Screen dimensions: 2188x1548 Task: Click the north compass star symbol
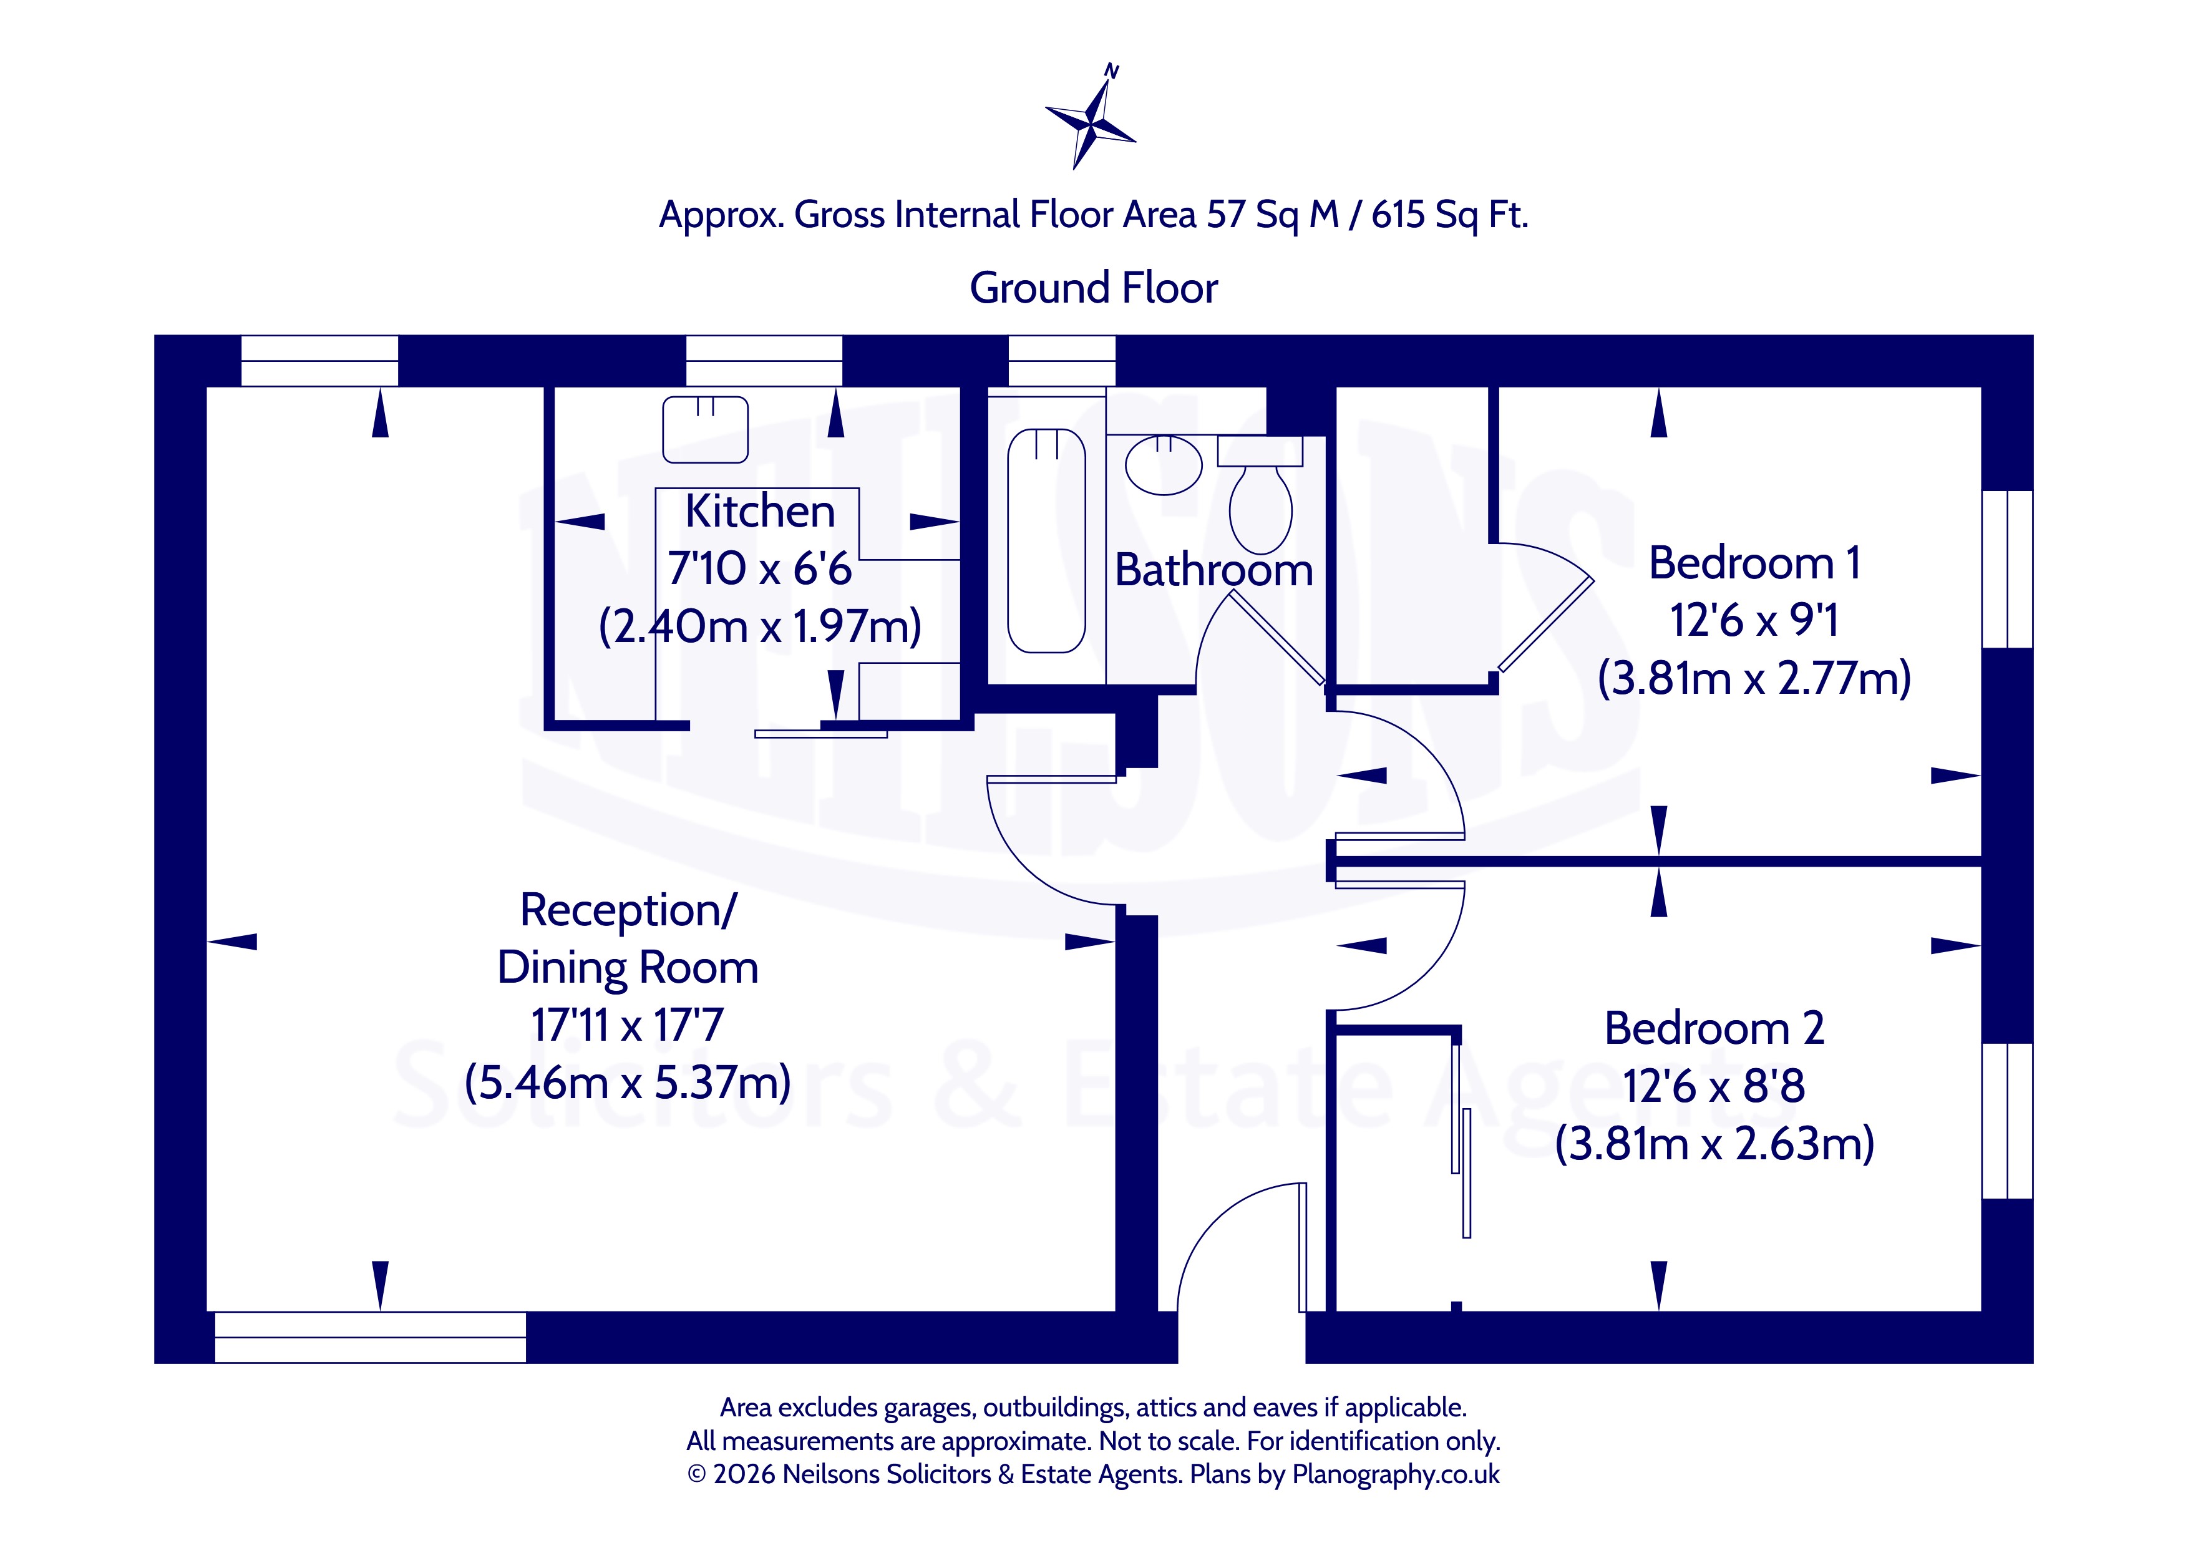[x=1091, y=120]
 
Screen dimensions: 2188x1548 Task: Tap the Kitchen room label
[x=759, y=511]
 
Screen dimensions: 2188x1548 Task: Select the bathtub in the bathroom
[x=1046, y=540]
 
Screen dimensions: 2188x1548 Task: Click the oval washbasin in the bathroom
[x=1164, y=465]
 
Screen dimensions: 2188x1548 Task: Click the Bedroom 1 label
[x=1754, y=562]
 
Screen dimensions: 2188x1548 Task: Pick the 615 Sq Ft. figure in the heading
[x=1449, y=215]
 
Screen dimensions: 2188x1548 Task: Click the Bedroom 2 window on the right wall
[x=2007, y=1121]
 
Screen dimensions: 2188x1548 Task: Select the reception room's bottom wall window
[x=371, y=1337]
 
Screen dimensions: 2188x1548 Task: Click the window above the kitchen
[x=764, y=360]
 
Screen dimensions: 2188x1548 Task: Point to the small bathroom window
[x=1062, y=360]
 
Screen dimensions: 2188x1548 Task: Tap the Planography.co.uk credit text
[x=1395, y=1474]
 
